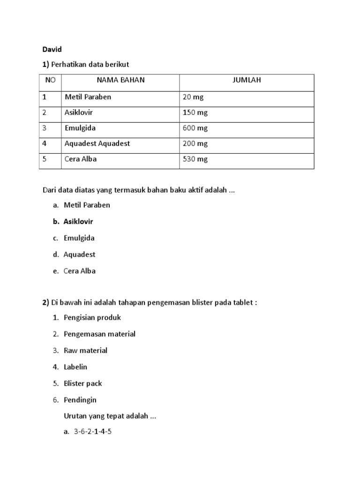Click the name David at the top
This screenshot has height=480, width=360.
(52, 49)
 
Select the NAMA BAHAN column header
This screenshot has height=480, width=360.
(120, 80)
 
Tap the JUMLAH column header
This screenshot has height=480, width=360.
(247, 80)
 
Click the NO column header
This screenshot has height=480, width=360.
(50, 80)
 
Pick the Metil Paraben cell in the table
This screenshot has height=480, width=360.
(88, 97)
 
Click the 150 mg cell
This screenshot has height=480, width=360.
(195, 113)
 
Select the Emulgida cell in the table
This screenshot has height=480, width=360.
(80, 128)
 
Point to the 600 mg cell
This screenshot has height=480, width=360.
(195, 128)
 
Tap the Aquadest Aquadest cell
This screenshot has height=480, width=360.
(97, 143)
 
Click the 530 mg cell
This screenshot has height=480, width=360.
(195, 159)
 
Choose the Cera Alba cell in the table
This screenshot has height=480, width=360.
(81, 159)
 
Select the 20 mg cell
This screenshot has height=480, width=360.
(193, 97)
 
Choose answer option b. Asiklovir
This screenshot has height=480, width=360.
(78, 221)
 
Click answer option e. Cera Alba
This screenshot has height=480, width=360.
(80, 271)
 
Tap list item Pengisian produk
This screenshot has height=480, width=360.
(92, 317)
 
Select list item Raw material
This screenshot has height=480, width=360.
(85, 350)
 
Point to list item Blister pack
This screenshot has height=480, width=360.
(82, 383)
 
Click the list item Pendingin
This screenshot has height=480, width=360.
(80, 400)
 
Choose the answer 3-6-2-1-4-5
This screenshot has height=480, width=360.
(93, 432)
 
